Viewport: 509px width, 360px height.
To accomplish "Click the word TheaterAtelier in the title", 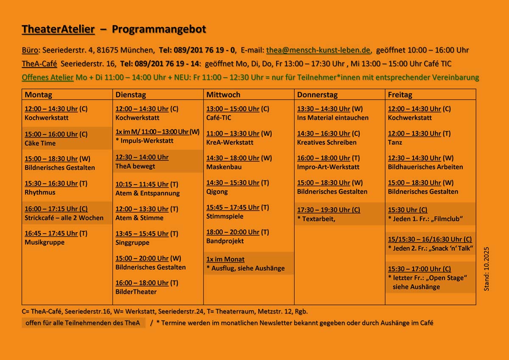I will [58, 29].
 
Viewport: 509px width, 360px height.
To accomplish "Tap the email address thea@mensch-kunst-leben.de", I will [319, 50].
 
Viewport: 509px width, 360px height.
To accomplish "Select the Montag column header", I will [38, 95].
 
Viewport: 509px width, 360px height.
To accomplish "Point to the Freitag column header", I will [400, 95].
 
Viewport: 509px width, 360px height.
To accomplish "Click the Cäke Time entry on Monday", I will [40, 143].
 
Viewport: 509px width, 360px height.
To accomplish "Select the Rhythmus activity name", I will [40, 192].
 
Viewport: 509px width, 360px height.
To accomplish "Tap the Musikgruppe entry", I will [45, 242].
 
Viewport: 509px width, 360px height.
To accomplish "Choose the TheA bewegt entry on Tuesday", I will [135, 166].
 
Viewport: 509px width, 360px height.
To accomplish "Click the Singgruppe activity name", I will [132, 242].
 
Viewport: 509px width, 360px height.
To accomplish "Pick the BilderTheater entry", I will [136, 292].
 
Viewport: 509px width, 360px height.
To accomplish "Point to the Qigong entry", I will [217, 191].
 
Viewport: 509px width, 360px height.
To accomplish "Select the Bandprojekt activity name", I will [225, 241].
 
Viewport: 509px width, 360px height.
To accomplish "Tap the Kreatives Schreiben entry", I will [327, 142].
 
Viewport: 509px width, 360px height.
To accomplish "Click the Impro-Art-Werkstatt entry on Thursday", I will [328, 167].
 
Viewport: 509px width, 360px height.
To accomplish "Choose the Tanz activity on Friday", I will [395, 142].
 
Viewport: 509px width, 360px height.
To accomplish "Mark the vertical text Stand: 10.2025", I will [487, 269].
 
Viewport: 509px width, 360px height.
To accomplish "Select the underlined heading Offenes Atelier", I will [48, 78].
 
